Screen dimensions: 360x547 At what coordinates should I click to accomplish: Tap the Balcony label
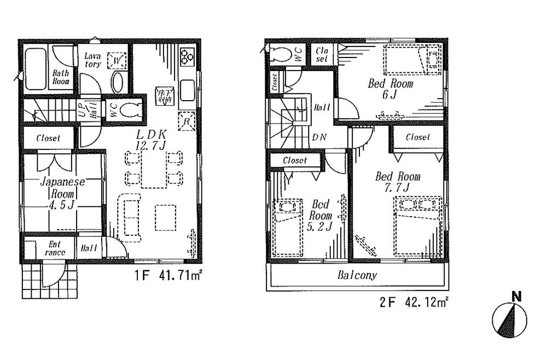pyautogui.click(x=357, y=275)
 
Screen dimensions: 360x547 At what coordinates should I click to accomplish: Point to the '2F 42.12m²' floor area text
pyautogui.click(x=412, y=301)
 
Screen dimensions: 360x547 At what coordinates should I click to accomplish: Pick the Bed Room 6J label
pyautogui.click(x=390, y=89)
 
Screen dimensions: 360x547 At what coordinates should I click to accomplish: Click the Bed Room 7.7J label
pyautogui.click(x=397, y=182)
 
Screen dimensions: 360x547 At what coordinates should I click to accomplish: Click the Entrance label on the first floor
pyautogui.click(x=55, y=248)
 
